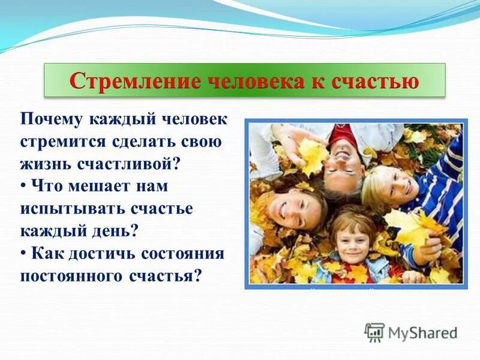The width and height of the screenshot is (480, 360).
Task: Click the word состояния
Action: coord(182,254)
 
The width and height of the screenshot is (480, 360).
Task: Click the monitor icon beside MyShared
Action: coord(374,332)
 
